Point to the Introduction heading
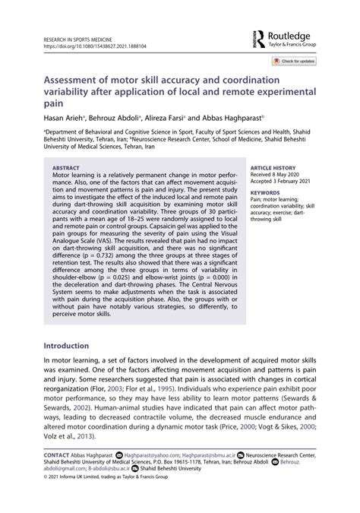74,345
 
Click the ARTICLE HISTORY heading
273,167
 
